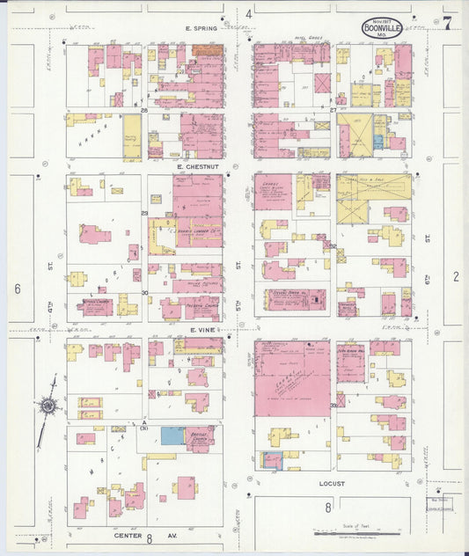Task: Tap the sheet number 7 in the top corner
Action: pos(447,23)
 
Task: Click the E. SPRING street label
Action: pos(201,29)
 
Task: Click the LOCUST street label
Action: pos(333,483)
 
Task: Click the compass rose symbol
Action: pos(46,406)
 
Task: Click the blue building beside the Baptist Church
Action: pos(172,435)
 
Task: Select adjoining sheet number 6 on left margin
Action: pos(17,288)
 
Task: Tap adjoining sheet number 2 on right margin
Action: pos(455,277)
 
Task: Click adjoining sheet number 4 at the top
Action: pos(249,14)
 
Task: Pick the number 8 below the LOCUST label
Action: pos(327,507)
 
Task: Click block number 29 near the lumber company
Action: pos(143,214)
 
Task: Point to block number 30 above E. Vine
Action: pos(143,293)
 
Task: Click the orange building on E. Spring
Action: pos(206,50)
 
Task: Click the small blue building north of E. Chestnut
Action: pos(377,141)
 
